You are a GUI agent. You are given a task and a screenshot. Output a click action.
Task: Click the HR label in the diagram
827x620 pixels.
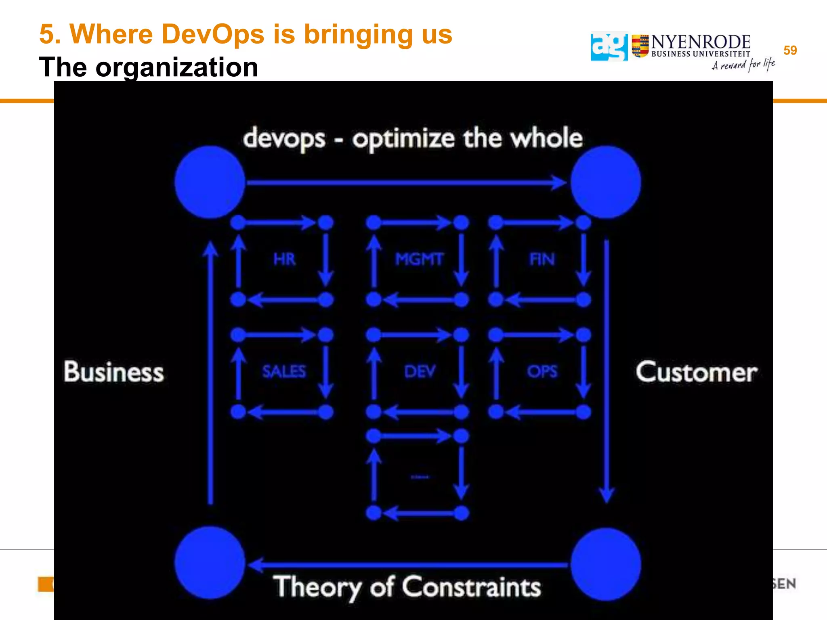[284, 259]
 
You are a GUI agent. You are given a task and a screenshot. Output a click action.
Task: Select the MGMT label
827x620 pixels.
[420, 259]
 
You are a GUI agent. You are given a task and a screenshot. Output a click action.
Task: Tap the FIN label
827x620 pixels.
[542, 259]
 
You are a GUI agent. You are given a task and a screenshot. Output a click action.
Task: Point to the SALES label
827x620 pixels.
[284, 371]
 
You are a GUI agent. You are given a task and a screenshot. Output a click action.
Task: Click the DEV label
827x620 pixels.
[420, 371]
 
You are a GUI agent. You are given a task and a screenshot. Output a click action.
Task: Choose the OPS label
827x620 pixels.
[542, 371]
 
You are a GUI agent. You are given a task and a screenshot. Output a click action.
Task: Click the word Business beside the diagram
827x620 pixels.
[114, 372]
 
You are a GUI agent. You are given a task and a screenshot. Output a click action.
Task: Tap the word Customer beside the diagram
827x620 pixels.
[697, 372]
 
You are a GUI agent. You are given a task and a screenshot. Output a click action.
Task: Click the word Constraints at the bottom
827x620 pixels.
[471, 586]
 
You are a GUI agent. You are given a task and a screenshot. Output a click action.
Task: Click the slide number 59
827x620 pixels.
[790, 50]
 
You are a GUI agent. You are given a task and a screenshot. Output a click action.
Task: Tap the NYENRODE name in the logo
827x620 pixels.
[701, 42]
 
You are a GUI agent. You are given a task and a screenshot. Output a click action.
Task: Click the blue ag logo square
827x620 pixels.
[609, 47]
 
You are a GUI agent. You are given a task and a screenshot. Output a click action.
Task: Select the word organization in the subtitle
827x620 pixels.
[176, 67]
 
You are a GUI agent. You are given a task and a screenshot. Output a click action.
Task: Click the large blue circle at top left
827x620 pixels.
[210, 182]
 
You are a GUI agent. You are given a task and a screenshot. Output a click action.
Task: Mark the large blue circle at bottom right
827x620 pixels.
[605, 564]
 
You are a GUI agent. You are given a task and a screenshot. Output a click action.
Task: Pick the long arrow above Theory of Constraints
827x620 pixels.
[408, 565]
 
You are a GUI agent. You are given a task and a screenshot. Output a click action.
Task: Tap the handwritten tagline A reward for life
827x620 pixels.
[743, 65]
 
